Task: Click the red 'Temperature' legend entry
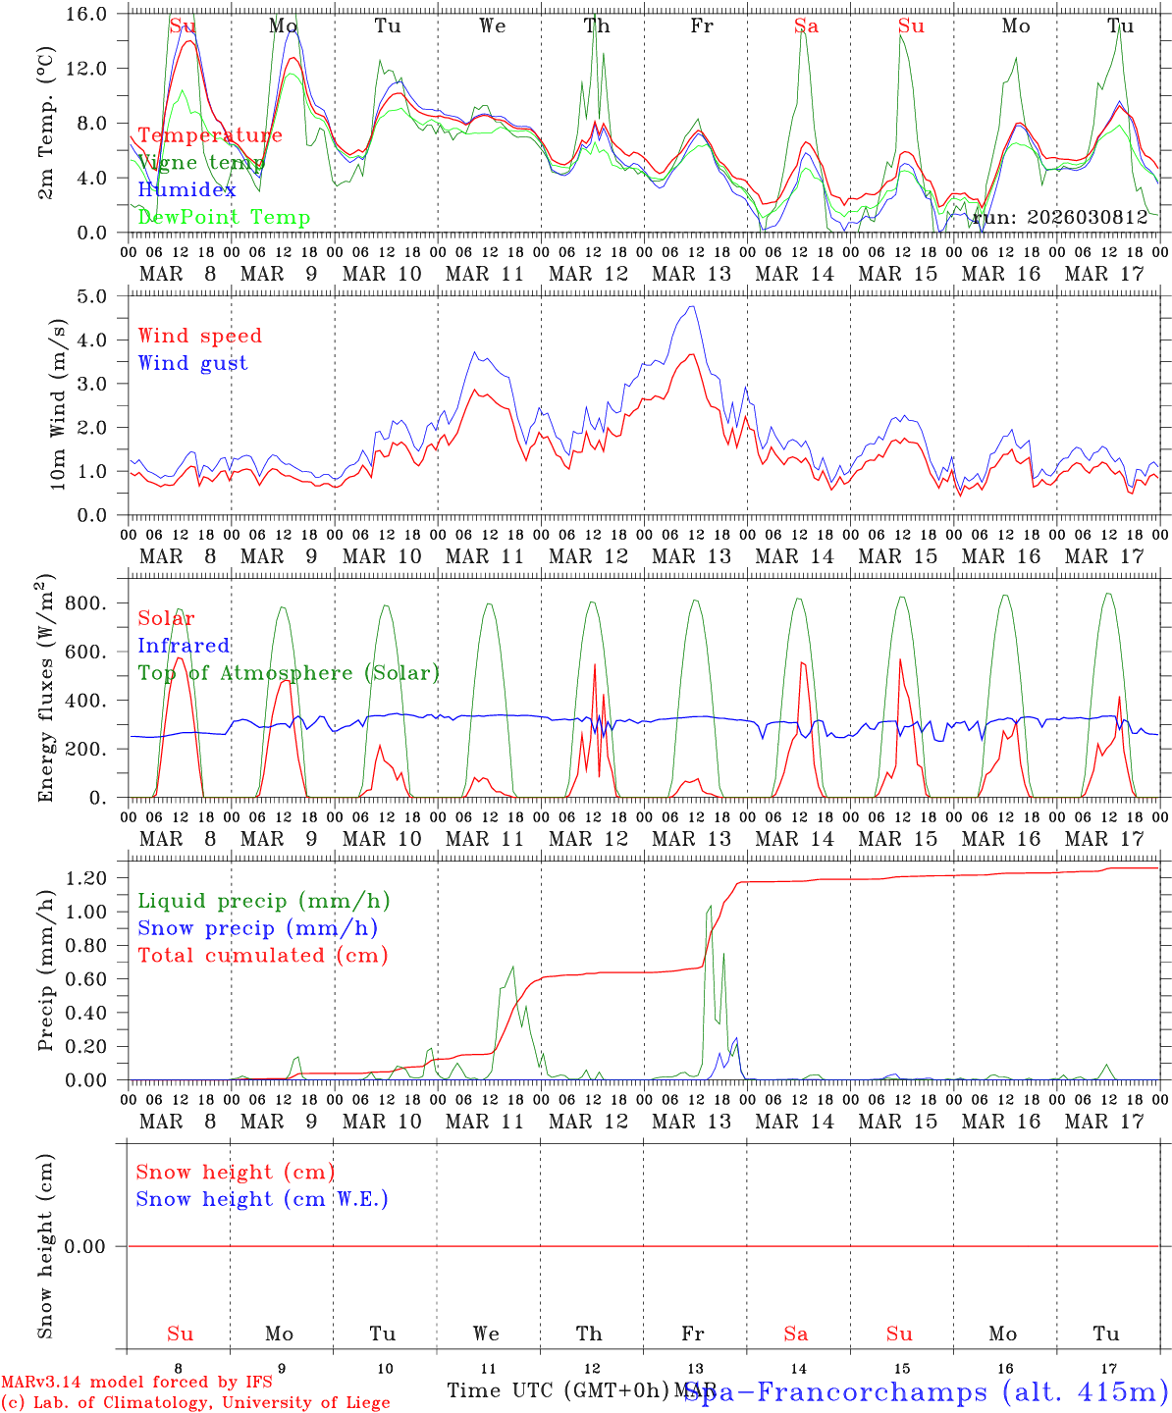210,135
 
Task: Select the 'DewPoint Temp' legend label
224,217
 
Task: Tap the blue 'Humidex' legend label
187,189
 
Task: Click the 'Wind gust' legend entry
192,363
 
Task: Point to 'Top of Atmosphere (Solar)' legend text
289,673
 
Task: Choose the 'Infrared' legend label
184,646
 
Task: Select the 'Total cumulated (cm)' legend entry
263,955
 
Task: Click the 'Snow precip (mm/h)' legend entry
257,928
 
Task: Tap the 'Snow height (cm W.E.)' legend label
262,1199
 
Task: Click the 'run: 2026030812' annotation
1060,217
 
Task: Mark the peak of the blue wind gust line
693,307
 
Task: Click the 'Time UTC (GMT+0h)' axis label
559,1390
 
